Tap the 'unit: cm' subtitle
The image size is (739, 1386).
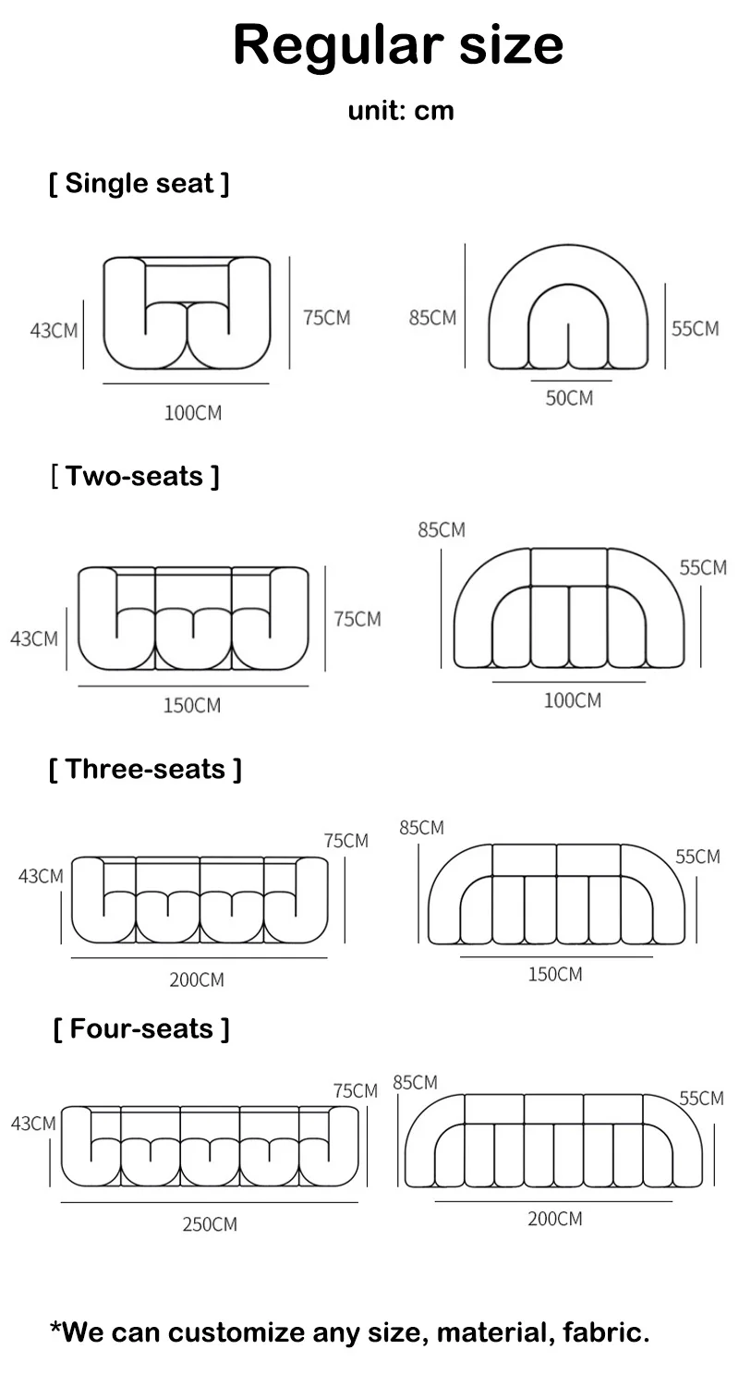click(401, 112)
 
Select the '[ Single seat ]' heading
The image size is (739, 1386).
click(139, 184)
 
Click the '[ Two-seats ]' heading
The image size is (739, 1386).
click(135, 477)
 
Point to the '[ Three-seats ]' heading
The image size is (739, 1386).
click(145, 769)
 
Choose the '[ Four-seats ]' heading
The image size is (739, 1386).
click(141, 1028)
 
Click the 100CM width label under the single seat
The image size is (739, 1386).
click(193, 413)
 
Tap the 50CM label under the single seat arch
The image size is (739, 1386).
click(569, 398)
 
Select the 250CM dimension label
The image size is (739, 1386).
click(210, 1224)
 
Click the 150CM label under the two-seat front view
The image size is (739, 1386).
click(192, 705)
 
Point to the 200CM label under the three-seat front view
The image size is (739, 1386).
click(197, 979)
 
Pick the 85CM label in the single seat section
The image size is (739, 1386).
click(432, 318)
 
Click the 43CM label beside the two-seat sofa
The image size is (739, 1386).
click(34, 638)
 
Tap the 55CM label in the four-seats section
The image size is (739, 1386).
click(701, 1099)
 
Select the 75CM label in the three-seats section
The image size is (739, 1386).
click(345, 840)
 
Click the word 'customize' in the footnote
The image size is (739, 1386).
click(236, 1332)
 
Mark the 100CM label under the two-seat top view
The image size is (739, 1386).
click(572, 700)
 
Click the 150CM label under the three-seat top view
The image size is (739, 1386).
click(555, 974)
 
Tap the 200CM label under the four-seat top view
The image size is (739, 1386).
click(555, 1219)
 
